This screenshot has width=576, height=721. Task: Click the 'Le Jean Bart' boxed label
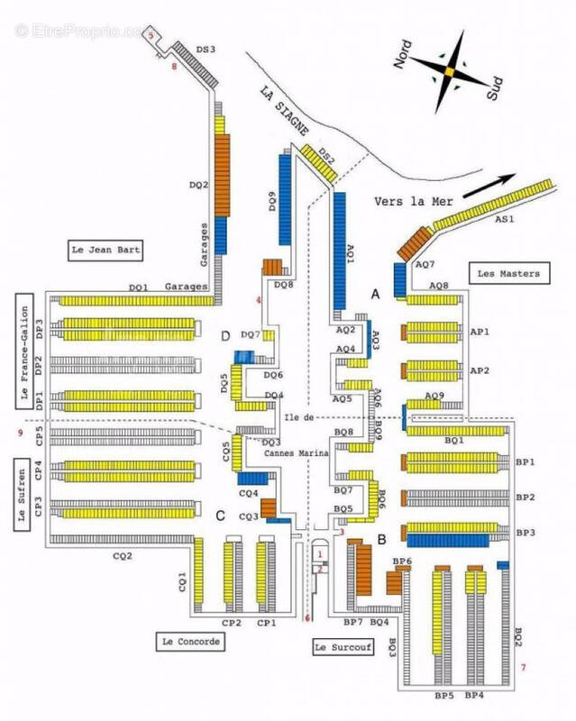(x=106, y=250)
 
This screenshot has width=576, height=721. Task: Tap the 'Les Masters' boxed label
(x=508, y=273)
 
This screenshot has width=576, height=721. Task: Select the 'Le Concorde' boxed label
(x=189, y=642)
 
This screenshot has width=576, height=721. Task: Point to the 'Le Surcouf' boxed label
(x=341, y=647)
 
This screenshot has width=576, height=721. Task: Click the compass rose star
(x=447, y=68)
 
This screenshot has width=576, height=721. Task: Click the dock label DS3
(x=206, y=50)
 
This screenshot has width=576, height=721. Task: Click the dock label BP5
(x=443, y=696)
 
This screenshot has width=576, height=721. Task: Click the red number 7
(x=522, y=668)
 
